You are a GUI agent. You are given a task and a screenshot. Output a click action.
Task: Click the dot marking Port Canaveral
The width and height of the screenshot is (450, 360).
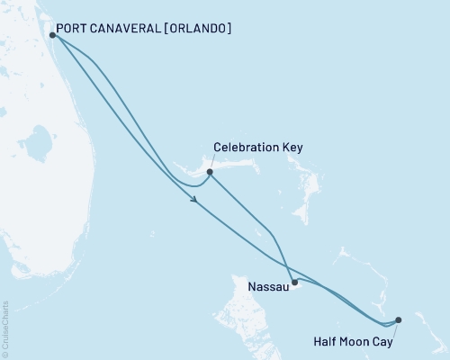point(53,36)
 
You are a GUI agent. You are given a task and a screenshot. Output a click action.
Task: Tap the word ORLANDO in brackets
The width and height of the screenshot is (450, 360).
point(196,28)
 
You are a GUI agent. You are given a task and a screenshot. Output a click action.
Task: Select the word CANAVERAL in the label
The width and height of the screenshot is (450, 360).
point(125,28)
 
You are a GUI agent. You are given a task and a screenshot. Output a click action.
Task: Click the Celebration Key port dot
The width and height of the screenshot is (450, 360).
point(210,172)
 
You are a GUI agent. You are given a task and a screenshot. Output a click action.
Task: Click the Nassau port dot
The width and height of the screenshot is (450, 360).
point(294,282)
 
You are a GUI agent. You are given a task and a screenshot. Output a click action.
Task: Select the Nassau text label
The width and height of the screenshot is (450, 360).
point(267,289)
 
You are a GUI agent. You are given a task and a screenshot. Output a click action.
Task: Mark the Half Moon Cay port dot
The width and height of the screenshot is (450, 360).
point(399,319)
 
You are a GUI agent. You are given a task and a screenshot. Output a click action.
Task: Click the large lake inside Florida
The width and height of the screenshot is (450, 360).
point(37,142)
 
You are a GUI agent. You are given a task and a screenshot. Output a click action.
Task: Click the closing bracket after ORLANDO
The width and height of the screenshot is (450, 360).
point(229,28)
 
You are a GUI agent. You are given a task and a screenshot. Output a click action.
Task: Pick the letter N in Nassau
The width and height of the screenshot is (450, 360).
point(250,289)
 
